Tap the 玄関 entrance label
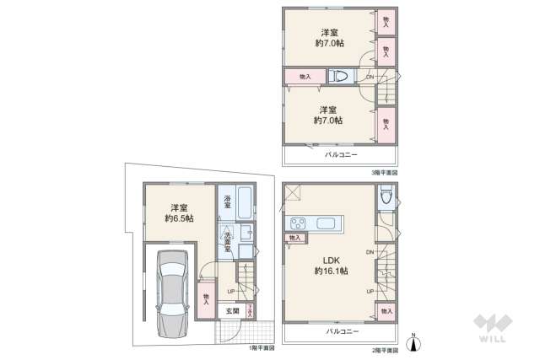coord(231,310)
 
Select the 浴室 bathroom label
coord(228,202)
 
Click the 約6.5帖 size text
coord(179,218)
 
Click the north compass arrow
coord(413,340)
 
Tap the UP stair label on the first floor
coord(231,292)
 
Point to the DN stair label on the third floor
coord(370,78)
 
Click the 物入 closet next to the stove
coord(294,239)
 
